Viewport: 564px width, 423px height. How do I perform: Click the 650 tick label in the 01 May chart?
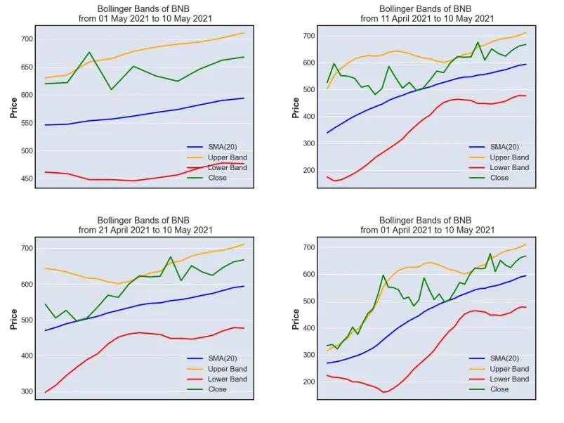[27, 67]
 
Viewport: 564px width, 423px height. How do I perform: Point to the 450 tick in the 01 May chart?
[27, 178]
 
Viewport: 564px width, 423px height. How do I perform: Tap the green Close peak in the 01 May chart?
[89, 53]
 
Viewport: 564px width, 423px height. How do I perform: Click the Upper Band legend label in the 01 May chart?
[228, 157]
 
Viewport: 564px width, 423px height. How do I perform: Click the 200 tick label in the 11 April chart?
[308, 170]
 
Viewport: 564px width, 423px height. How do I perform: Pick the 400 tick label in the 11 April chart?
[308, 117]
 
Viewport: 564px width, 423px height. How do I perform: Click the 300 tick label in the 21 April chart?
[27, 391]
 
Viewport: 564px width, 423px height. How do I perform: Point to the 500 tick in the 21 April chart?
[27, 320]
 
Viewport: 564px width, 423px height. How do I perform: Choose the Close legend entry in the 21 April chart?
[207, 389]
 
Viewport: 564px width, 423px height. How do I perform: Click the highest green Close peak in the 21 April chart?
[171, 257]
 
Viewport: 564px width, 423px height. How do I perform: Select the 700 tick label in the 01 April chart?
[308, 247]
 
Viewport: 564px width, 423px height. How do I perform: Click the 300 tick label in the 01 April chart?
[308, 355]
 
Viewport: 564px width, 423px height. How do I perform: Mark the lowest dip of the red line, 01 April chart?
[383, 392]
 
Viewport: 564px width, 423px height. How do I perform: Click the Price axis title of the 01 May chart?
[13, 108]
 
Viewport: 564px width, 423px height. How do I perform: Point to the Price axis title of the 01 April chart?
[296, 319]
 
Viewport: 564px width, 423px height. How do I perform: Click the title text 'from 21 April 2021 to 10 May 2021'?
[145, 230]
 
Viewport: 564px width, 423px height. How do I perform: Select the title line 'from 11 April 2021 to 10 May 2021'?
[427, 18]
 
